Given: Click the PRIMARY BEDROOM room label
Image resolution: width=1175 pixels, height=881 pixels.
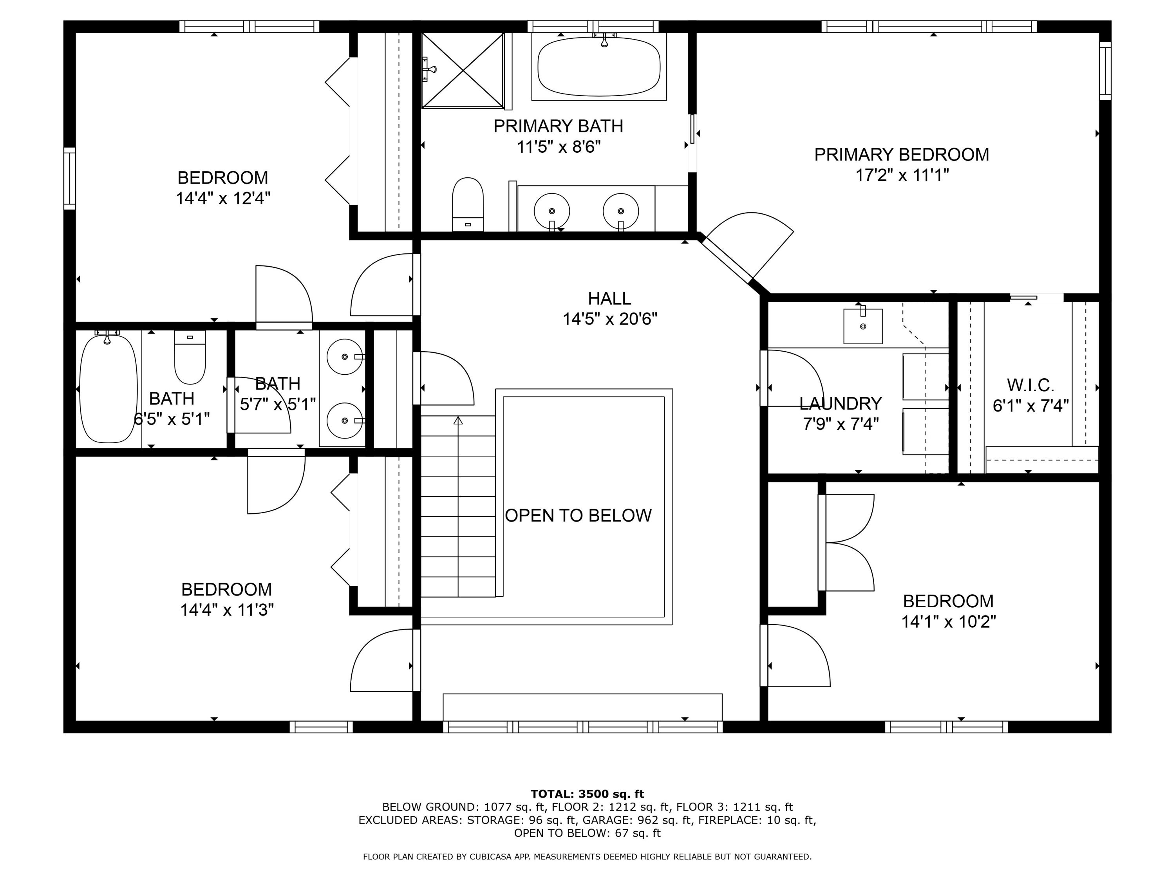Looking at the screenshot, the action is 902,155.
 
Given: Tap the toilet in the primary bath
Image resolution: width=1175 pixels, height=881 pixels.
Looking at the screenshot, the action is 467,204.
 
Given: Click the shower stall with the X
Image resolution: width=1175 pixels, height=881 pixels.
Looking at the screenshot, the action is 463,70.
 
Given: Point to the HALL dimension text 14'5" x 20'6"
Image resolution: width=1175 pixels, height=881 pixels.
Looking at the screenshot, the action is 610,319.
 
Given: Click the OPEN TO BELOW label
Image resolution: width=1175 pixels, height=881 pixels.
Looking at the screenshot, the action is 578,515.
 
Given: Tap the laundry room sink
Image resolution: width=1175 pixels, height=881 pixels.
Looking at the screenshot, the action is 863,325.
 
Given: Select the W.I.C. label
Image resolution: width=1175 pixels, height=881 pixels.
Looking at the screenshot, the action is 1030,385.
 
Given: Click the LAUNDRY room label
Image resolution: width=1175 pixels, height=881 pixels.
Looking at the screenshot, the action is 841,404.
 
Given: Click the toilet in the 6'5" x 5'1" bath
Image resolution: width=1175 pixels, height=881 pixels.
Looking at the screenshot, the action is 190,357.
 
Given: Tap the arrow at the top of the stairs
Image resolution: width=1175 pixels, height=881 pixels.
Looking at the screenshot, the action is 458,421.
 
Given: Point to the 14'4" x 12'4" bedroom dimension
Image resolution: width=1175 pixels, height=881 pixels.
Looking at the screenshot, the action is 223,198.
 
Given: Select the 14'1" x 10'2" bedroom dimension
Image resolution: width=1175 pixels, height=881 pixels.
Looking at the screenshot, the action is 949,621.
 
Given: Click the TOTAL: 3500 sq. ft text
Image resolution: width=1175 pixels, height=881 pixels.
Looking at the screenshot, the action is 587,794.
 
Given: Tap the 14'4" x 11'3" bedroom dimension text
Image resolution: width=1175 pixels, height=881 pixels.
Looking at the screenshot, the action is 227,610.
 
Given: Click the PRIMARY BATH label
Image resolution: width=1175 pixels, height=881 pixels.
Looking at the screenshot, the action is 558,126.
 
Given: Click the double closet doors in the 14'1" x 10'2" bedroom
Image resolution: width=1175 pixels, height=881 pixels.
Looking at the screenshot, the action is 846,542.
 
